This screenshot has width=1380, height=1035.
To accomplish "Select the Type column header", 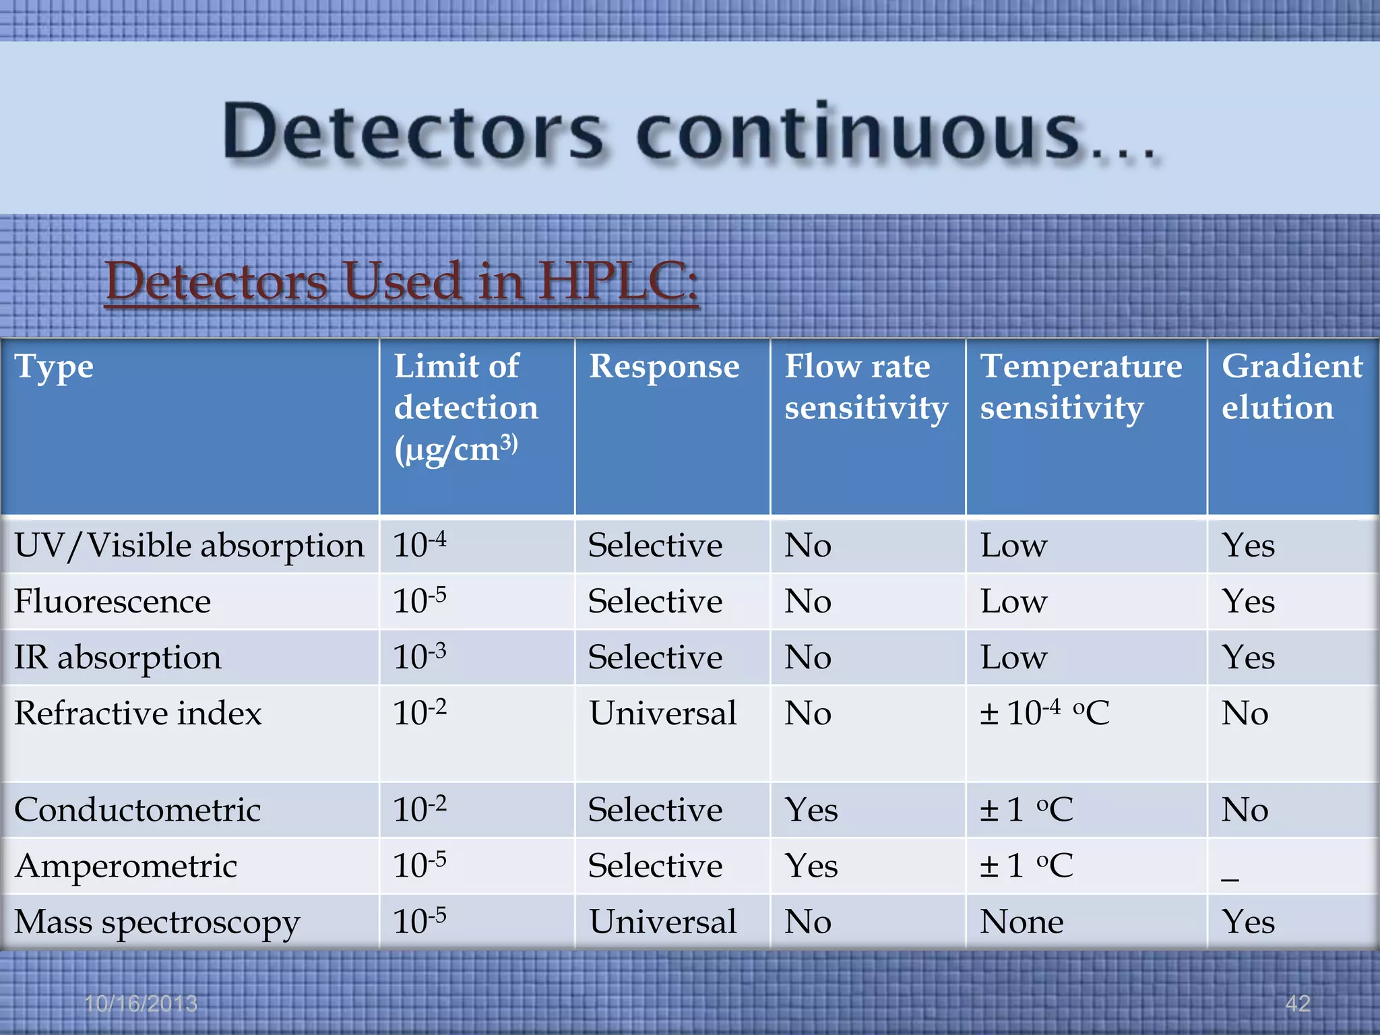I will coord(54,368).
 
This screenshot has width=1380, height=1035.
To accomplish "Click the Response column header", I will coord(664,367).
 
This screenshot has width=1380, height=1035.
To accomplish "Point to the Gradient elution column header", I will coord(1292,387).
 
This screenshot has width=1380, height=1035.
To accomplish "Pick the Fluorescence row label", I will coord(113,601).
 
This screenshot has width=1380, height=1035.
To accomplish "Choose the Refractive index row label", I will coord(138,713).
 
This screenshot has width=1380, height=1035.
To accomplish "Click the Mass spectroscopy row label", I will coord(157,922).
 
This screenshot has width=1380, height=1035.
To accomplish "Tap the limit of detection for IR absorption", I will coord(419,656).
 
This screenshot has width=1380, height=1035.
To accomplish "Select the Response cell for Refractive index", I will coord(663,713).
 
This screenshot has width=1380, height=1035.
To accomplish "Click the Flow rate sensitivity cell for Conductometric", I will coord(811,809).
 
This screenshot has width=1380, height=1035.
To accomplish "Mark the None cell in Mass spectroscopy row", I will coord(1022,922).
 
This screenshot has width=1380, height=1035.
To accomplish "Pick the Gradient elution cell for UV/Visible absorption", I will coord(1248,545).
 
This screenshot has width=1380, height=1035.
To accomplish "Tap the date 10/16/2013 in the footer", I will coord(141,1004).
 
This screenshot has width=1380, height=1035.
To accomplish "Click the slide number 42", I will coord(1298,1004).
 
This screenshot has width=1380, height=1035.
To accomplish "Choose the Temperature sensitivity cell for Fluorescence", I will coord(1013,601).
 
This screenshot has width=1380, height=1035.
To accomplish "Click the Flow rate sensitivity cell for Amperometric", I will coord(811,866).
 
